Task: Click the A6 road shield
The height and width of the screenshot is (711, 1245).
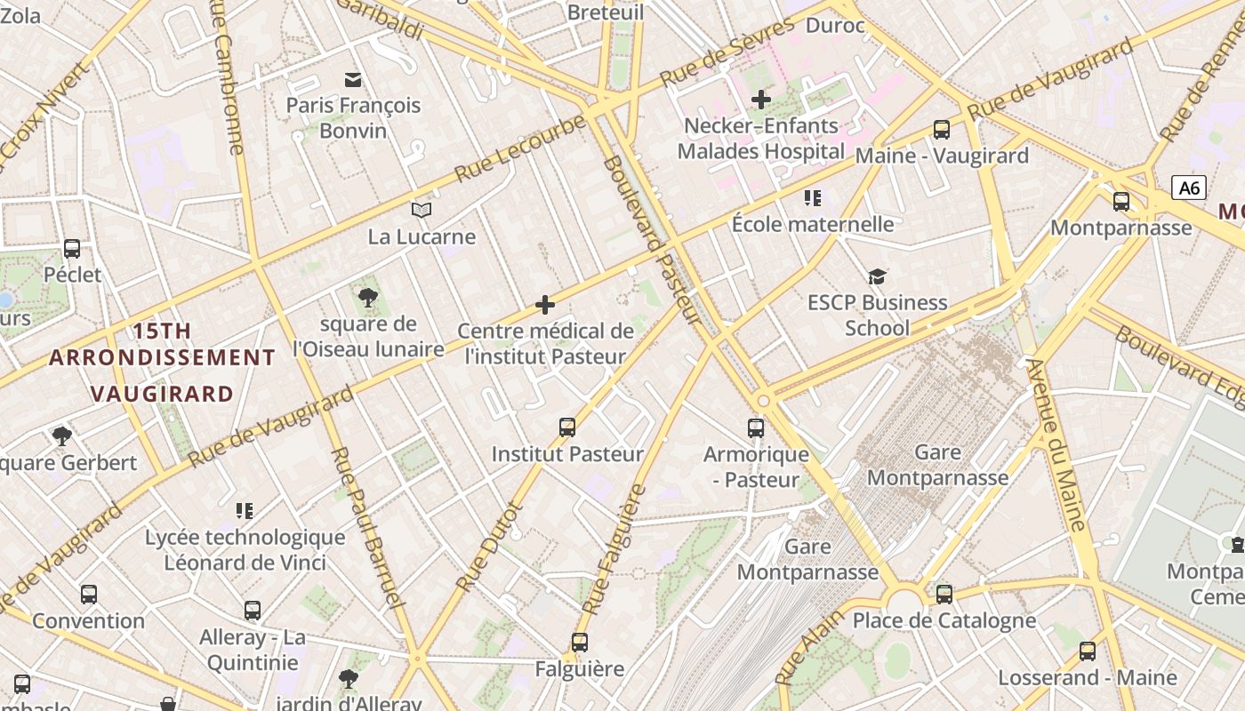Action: (x=1189, y=188)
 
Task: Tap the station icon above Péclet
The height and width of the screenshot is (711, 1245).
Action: (x=72, y=249)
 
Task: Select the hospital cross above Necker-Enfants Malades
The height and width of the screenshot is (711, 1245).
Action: (x=760, y=100)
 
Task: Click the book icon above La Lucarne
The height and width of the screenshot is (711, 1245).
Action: (x=422, y=211)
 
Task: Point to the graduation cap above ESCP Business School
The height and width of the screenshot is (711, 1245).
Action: (x=877, y=276)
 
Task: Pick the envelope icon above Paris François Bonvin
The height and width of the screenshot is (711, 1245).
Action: (x=353, y=80)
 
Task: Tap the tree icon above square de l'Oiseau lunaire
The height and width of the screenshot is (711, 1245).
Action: (x=367, y=298)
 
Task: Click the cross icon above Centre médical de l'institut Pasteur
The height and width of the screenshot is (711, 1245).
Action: (x=545, y=306)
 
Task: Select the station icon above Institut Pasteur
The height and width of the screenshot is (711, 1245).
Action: (x=567, y=427)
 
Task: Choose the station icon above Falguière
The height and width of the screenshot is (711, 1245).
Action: (x=580, y=642)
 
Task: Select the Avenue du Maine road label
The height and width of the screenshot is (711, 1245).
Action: (x=1057, y=444)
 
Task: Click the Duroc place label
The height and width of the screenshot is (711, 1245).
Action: (x=834, y=25)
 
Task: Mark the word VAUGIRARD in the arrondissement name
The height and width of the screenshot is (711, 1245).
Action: (x=163, y=394)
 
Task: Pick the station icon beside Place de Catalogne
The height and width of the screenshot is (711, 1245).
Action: (x=944, y=594)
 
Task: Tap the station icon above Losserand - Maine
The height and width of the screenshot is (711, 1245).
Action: (x=1087, y=651)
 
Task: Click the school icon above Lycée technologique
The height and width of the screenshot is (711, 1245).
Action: (x=245, y=511)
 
